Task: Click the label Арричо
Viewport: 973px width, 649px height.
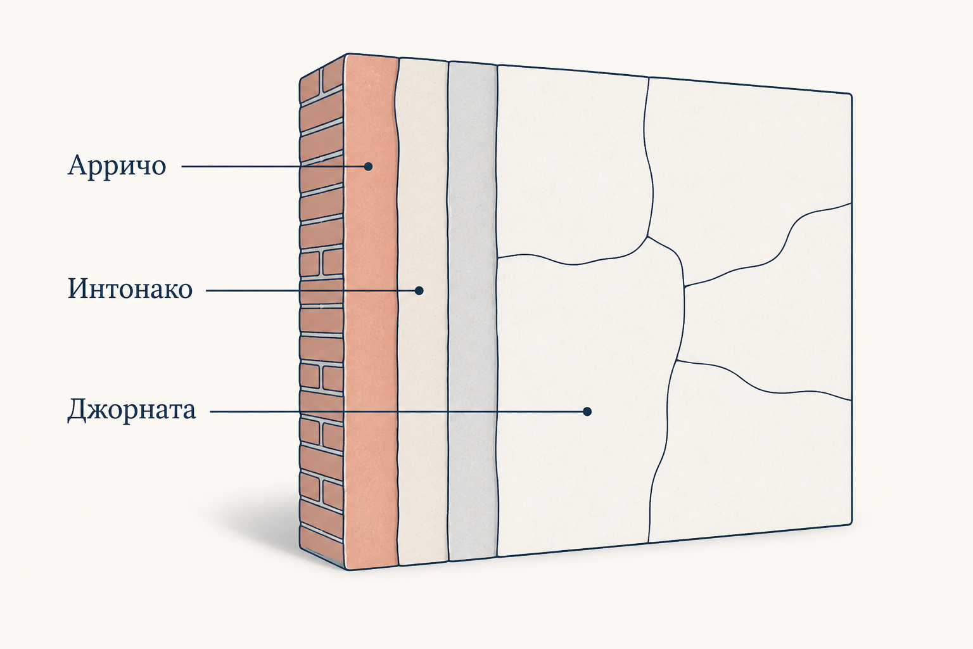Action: click(x=117, y=165)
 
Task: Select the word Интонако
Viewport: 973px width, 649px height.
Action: click(x=130, y=288)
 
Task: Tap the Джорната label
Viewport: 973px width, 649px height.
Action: click(x=132, y=409)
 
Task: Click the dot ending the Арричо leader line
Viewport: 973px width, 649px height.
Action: click(x=368, y=167)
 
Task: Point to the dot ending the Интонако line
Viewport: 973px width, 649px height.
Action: click(x=419, y=290)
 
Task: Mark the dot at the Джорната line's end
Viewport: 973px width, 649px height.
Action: click(x=587, y=411)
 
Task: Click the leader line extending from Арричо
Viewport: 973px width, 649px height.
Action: click(x=273, y=167)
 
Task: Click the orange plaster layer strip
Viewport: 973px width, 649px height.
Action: click(x=371, y=311)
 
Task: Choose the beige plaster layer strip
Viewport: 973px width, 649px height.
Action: click(x=423, y=311)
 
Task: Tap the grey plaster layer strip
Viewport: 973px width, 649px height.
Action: click(x=473, y=311)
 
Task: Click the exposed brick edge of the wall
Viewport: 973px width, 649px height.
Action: click(x=321, y=311)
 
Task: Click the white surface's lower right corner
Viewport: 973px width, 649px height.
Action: click(x=851, y=522)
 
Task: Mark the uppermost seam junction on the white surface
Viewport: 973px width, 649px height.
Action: click(x=647, y=237)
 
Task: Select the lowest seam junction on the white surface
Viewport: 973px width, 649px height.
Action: click(x=677, y=361)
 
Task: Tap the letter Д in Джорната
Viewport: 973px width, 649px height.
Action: click(x=77, y=410)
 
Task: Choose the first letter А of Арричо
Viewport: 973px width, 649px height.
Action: click(x=77, y=165)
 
